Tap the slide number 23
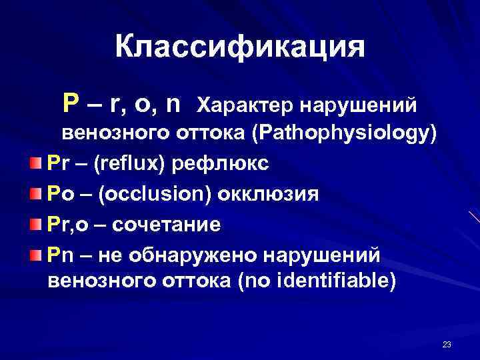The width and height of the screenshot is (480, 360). pos(446,344)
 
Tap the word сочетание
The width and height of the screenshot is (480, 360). pos(166,225)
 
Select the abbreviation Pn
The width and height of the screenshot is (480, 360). pos(58,255)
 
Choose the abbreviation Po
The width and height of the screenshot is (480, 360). pos(58,195)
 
